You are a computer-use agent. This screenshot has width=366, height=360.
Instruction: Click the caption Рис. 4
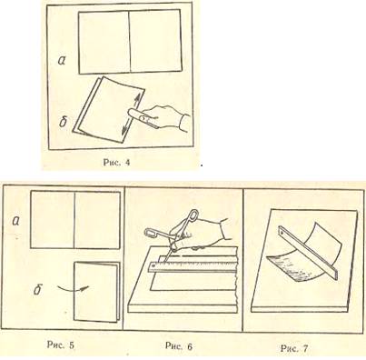pyautogui.click(x=116, y=163)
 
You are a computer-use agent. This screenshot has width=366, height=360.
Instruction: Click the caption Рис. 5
pyautogui.click(x=61, y=345)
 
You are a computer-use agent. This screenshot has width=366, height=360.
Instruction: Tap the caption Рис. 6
pyautogui.click(x=179, y=345)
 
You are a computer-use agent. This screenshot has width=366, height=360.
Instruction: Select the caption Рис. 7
pyautogui.click(x=294, y=348)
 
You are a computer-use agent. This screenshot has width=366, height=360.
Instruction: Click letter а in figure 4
pyautogui.click(x=62, y=61)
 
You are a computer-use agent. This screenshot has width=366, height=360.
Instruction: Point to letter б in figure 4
pyautogui.click(x=63, y=123)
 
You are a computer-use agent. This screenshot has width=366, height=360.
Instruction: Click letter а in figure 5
pyautogui.click(x=15, y=221)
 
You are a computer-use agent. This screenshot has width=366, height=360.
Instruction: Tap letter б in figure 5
pyautogui.click(x=37, y=290)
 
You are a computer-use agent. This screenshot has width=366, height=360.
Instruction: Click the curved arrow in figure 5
pyautogui.click(x=74, y=288)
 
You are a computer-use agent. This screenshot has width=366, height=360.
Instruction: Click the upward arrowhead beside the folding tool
pyautogui.click(x=136, y=98)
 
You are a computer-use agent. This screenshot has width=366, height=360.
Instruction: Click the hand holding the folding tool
pyautogui.click(x=165, y=119)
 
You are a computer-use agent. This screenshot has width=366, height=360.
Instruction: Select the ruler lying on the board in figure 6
pyautogui.click(x=193, y=264)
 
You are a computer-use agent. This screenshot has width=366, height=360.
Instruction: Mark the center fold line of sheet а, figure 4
pyautogui.click(x=130, y=42)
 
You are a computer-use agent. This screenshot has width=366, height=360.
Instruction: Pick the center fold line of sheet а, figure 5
pyautogui.click(x=74, y=220)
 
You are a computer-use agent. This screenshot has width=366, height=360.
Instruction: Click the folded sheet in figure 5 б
pyautogui.click(x=96, y=292)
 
